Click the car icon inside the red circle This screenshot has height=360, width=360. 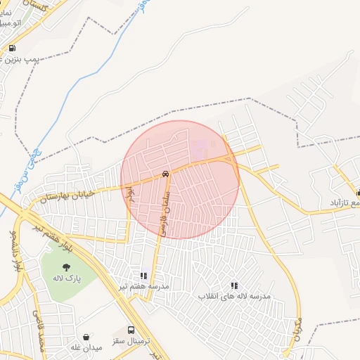(x=165, y=174)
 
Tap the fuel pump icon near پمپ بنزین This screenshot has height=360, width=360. (x=12, y=48)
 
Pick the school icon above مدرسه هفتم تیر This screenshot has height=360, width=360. (x=143, y=276)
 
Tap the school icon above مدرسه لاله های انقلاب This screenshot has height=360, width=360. (x=234, y=285)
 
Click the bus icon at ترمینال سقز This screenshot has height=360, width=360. (x=131, y=330)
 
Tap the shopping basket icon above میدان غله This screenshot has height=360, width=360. (x=86, y=337)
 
